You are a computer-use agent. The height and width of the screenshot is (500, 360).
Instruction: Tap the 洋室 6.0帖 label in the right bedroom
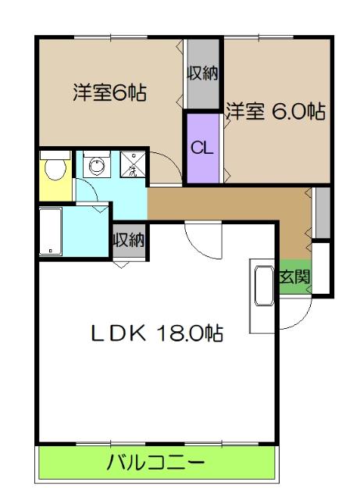tap(276, 112)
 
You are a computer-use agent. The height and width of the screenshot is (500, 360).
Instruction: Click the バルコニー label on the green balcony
tap(155, 462)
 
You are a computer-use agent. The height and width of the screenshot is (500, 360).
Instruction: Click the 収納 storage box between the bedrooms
tap(202, 76)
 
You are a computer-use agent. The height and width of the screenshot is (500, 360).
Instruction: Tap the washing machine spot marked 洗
tap(132, 166)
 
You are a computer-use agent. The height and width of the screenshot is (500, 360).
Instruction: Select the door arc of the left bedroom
tap(164, 169)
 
